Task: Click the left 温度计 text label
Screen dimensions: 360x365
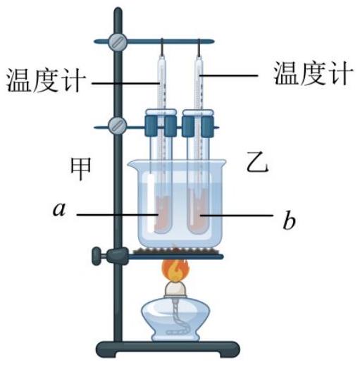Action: tap(46, 80)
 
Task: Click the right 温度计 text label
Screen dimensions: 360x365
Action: tap(313, 73)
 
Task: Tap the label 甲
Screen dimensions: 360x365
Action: tap(81, 168)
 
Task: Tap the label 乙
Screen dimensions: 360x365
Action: tap(257, 162)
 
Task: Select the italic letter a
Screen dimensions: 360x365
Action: tap(59, 209)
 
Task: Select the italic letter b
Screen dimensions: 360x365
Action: tap(289, 220)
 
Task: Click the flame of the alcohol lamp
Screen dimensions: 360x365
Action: tap(175, 270)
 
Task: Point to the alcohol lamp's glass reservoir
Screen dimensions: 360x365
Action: tap(175, 319)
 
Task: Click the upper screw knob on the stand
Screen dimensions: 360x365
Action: tap(118, 42)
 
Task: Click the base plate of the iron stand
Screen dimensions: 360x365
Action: tap(168, 349)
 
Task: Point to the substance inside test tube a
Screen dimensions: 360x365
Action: tap(163, 214)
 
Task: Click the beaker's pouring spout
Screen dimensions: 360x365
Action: tap(132, 163)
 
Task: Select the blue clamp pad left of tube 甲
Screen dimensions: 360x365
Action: tap(151, 125)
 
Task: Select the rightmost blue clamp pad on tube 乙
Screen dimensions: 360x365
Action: tap(207, 126)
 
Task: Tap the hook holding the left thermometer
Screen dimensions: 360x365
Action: tap(162, 47)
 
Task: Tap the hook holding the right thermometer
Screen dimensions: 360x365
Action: tap(199, 48)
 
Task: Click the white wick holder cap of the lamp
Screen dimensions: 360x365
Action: tap(175, 289)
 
